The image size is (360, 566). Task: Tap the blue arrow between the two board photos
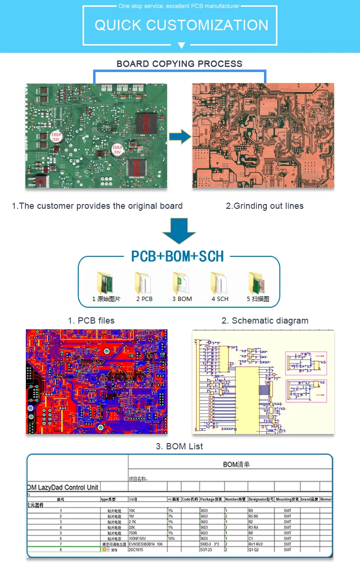pos(180,136)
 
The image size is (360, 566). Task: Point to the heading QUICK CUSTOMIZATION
pos(181,25)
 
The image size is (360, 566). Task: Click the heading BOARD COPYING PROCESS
pos(180,64)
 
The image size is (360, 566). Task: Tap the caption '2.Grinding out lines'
pos(264,206)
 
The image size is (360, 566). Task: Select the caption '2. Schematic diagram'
pos(265,321)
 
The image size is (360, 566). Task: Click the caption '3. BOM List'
pos(180,446)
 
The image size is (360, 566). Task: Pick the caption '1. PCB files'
pos(91,321)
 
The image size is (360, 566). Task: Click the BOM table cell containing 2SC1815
pos(139,550)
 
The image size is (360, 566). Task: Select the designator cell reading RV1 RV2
pos(258,544)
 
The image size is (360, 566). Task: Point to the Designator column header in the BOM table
pos(261,499)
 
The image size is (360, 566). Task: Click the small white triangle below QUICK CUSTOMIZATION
pos(181,46)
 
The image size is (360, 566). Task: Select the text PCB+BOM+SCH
pos(178,256)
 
